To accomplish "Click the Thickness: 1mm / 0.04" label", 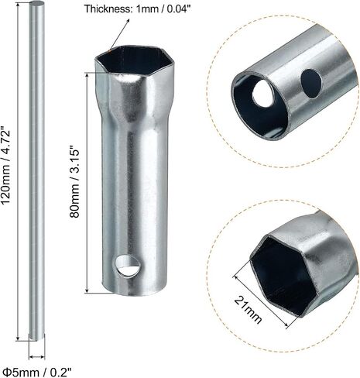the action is [x=138, y=9].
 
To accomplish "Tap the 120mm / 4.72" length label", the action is [x=6, y=166].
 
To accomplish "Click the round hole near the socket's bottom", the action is [x=128, y=266].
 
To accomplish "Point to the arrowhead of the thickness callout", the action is [x=128, y=21].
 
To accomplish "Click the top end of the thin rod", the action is [x=37, y=4].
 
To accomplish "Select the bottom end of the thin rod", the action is [x=37, y=337].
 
